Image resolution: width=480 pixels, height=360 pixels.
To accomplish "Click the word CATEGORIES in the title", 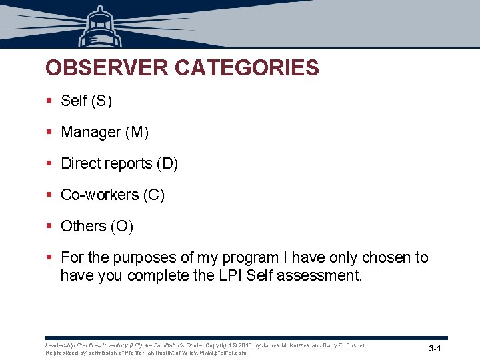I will pyautogui.click(x=247, y=68).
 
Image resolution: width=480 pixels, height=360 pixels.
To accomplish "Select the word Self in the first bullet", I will pyautogui.click(x=74, y=101).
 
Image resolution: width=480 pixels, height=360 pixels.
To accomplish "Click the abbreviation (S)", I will pyautogui.click(x=102, y=101).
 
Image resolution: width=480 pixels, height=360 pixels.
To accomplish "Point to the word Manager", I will pyautogui.click(x=91, y=132).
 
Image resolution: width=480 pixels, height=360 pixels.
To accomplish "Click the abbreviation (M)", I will pyautogui.click(x=137, y=132).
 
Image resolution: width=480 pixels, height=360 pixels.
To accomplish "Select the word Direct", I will pyautogui.click(x=80, y=163).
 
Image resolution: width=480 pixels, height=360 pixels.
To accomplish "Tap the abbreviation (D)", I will pyautogui.click(x=167, y=163).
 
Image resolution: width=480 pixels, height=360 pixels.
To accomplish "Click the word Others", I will pyautogui.click(x=83, y=226).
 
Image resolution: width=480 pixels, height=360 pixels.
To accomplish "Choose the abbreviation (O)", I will pyautogui.click(x=123, y=226).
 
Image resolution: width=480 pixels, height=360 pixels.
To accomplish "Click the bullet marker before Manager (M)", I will pyautogui.click(x=49, y=132).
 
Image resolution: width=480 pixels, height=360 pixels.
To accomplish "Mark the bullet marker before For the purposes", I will pyautogui.click(x=49, y=257).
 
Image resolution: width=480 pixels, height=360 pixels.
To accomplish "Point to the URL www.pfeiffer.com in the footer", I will pyautogui.click(x=223, y=353).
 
